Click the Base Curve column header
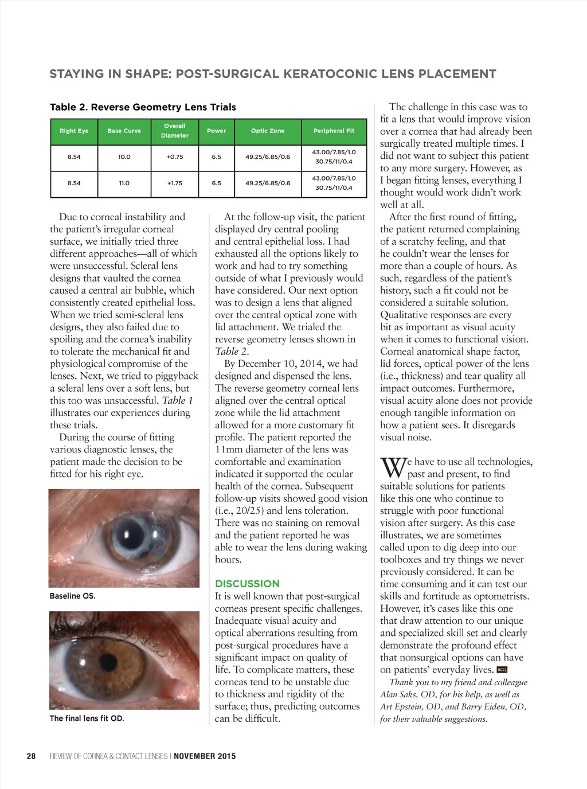coord(124,131)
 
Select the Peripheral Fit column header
coord(334,131)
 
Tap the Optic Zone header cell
coord(268,131)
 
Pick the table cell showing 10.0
coord(124,157)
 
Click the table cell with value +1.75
coord(175,183)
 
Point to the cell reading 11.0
coord(124,183)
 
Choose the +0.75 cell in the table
coord(175,157)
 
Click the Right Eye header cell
coord(74,131)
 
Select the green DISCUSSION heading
coord(247,584)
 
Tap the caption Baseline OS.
coord(72,596)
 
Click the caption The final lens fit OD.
coord(87,718)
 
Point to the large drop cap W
coord(393,467)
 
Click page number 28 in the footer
coord(31,756)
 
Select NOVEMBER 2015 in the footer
coord(205,756)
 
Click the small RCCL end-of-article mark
coord(502,670)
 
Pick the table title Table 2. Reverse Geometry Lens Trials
coord(143,107)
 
